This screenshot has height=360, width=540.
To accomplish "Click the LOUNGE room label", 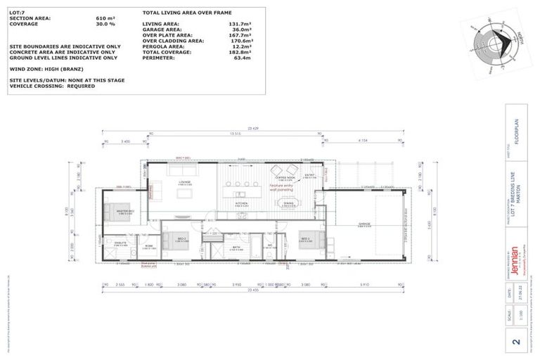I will click(x=185, y=182).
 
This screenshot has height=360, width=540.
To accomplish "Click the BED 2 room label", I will click(x=181, y=238).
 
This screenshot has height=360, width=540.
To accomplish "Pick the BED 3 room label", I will click(x=307, y=238).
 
